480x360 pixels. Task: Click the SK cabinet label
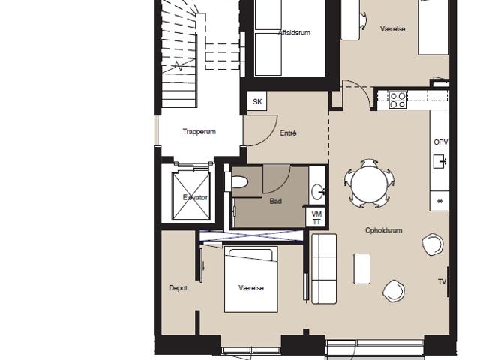tap(257, 101)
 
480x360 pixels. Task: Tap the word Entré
tap(288, 133)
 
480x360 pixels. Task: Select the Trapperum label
tap(199, 132)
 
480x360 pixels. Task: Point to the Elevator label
tap(195, 197)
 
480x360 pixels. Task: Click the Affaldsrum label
tap(294, 33)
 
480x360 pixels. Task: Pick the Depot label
tap(178, 288)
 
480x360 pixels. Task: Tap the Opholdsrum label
tap(383, 230)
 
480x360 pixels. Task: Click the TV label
tap(442, 282)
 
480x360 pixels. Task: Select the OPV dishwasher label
tap(441, 142)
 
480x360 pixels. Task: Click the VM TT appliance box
tap(316, 217)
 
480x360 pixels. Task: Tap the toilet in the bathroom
tap(236, 182)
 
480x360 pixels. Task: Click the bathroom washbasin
tap(318, 192)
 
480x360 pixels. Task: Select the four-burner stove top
tap(397, 100)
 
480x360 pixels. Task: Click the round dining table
tap(369, 184)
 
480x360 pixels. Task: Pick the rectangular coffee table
tap(361, 268)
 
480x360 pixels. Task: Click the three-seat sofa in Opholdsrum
tap(324, 268)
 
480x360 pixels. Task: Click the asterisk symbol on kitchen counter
tap(440, 201)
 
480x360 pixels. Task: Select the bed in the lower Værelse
tap(251, 279)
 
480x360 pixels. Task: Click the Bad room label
tap(275, 202)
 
